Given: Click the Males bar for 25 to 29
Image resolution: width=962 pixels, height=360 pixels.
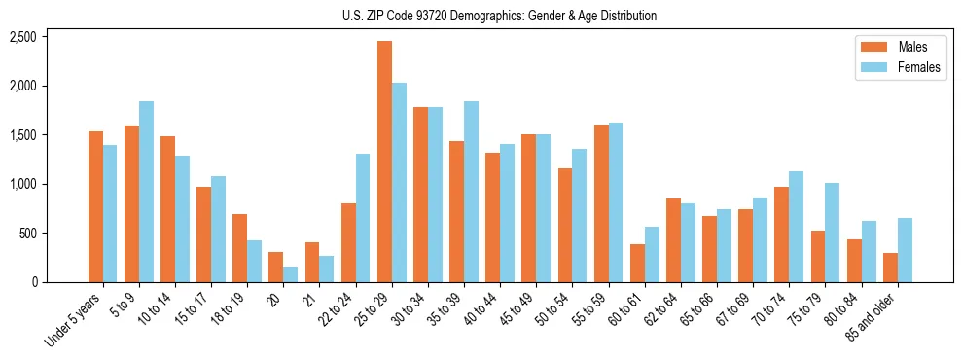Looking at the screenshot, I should pyautogui.click(x=385, y=162).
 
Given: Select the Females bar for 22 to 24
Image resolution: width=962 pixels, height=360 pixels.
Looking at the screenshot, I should pyautogui.click(x=363, y=218).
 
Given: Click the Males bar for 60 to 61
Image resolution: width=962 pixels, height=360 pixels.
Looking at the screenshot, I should pyautogui.click(x=637, y=264).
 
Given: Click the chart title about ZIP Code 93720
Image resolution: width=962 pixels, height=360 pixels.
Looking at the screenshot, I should pyautogui.click(x=499, y=16).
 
